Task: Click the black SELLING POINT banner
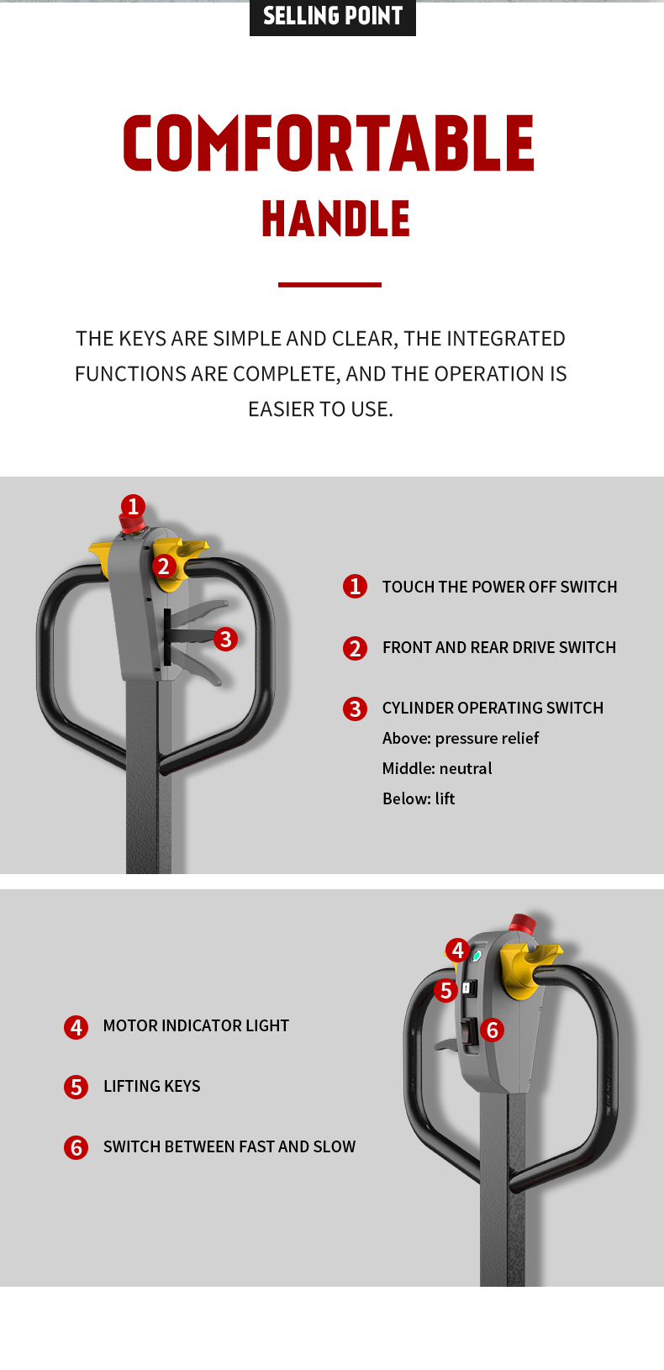pos(333,17)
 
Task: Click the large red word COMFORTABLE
pos(329,143)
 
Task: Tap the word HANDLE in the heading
pos(335,219)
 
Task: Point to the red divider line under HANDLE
pos(329,284)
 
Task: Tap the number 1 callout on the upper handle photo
pos(133,506)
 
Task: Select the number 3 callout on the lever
pos(225,639)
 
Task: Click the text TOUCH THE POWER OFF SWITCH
pos(499,588)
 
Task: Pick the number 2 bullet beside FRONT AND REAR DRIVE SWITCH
pos(355,648)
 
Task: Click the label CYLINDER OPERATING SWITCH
pos(493,709)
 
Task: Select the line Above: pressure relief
pos(461,738)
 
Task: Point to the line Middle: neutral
pos(437,768)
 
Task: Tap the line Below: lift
pos(419,798)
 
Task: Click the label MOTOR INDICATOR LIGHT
pos(196,1025)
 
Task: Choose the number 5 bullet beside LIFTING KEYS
pos(76,1087)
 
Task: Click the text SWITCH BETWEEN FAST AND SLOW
pos(229,1146)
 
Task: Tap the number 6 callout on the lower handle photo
pos(493,1030)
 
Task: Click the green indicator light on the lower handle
pos(477,956)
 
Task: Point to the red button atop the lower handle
pos(522,923)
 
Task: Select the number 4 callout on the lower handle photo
pos(457,951)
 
